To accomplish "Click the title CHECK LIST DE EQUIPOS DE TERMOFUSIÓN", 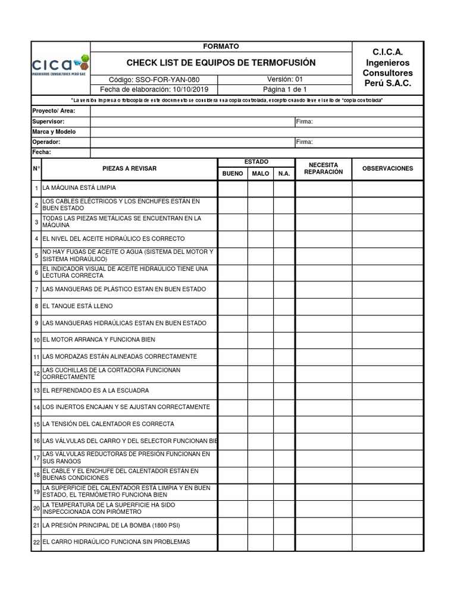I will [221, 62].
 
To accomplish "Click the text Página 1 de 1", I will [285, 90].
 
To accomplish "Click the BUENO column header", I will [233, 174].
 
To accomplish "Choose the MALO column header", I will [261, 174].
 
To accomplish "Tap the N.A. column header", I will [284, 174].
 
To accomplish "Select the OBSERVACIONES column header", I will [387, 169].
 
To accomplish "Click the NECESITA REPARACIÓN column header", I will [323, 168].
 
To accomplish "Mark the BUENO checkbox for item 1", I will [233, 189].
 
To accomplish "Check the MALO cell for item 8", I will [261, 306].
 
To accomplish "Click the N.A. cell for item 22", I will [284, 542].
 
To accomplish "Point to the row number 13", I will [36, 391].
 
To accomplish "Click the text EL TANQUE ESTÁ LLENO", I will [77, 306].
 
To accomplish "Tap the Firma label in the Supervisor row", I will [304, 121].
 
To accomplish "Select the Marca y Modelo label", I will [54, 131].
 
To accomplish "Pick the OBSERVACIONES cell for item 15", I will [387, 424].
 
